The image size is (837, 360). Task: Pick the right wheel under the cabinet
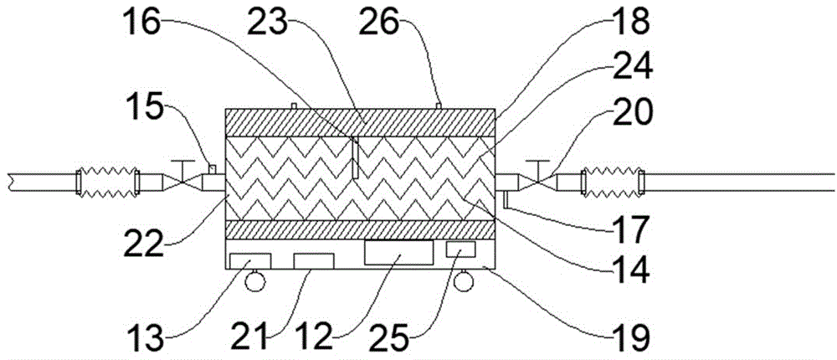466,282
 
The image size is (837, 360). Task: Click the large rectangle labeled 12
399,254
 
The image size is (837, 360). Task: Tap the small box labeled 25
460,249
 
